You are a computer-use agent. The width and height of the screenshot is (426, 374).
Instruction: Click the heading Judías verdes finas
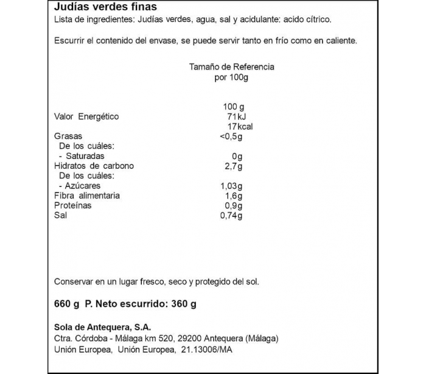(x=105, y=7)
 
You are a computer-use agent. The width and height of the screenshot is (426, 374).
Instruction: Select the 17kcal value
(x=239, y=127)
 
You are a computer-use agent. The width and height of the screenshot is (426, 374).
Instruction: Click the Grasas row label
(x=68, y=136)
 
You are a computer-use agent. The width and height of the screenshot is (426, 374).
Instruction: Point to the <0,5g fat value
(x=231, y=136)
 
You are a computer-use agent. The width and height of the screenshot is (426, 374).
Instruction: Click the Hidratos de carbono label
(x=94, y=166)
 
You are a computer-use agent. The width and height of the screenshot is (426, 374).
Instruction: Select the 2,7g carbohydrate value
(x=234, y=166)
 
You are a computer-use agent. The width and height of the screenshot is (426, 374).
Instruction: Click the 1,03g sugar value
(x=231, y=186)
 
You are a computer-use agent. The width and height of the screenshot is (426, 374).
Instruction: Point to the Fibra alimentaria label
(x=87, y=196)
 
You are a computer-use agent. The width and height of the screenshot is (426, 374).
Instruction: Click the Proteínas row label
(x=73, y=205)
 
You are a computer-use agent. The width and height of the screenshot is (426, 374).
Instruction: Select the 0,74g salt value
(x=231, y=215)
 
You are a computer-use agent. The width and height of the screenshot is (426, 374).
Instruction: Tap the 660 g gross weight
(x=67, y=304)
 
